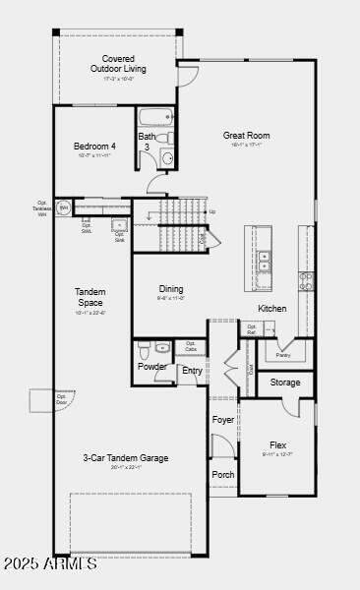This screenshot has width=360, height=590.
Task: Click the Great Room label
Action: point(246,136)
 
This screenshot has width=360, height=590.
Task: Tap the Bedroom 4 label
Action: point(93,147)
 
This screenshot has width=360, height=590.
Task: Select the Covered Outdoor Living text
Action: point(118,64)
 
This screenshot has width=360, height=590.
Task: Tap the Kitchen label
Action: point(272,308)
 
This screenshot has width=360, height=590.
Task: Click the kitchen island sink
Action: point(264,261)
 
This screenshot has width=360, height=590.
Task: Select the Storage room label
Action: point(285,382)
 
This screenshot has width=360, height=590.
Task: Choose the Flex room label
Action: point(277,444)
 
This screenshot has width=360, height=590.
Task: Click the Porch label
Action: point(223,473)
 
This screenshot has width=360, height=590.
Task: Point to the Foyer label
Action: point(223,420)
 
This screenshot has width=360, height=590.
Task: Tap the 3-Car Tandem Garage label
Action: point(126,457)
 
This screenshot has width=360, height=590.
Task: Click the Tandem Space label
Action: point(90,297)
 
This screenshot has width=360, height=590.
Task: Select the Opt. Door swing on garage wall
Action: point(45,401)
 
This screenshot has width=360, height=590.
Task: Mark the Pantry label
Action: point(283,355)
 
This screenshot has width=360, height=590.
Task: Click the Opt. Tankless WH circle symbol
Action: point(63,207)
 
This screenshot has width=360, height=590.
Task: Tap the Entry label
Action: point(192,371)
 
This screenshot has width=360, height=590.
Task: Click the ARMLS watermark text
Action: point(49,563)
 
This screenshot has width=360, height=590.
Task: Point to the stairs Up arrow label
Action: point(211,211)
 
